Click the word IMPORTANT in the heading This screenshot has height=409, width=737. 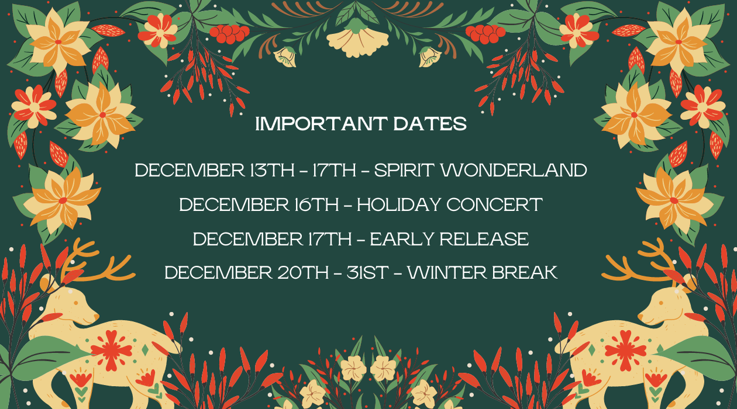[x=321, y=124]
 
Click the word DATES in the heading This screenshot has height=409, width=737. [x=430, y=124]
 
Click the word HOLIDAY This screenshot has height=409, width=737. [x=399, y=204]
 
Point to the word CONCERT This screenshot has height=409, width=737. [x=494, y=204]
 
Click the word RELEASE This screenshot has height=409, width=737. [x=484, y=239]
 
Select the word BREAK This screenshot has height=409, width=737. [x=525, y=272]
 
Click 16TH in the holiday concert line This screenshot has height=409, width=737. [x=316, y=204]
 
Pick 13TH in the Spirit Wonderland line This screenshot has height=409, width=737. [x=272, y=170]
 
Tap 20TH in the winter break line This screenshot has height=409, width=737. [x=303, y=272]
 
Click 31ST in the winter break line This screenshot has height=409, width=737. [x=368, y=272]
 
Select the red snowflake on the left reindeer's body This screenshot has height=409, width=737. [x=111, y=351]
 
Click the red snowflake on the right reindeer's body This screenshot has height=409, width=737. [x=625, y=351]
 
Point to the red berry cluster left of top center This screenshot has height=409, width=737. [x=229, y=33]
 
